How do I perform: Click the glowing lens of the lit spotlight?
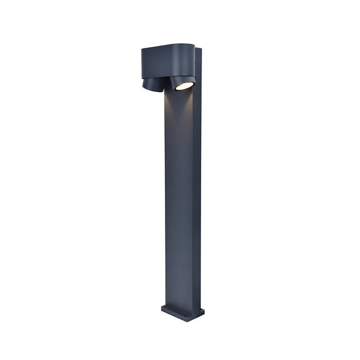pyautogui.click(x=182, y=86)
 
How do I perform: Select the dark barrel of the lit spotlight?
pyautogui.click(x=179, y=80)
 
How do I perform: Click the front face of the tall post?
pyautogui.click(x=178, y=202)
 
